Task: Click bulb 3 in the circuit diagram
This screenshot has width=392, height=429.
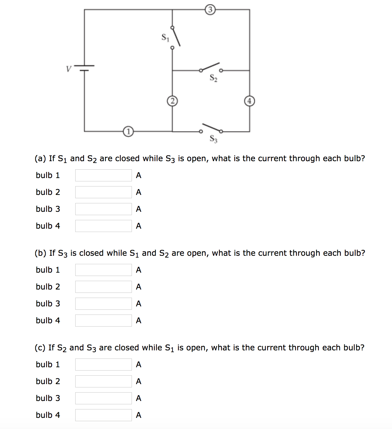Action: pos(210,10)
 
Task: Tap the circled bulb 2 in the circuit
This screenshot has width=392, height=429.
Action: pos(172,101)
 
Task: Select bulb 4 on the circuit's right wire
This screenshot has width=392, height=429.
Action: pos(249,101)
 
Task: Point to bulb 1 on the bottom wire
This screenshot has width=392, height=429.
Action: pos(128,132)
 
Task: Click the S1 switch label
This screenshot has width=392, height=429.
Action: pos(165,37)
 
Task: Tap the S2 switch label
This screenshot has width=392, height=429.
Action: pos(213,78)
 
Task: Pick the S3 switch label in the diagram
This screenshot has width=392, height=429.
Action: pos(213,139)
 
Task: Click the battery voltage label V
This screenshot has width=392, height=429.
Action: pos(69,69)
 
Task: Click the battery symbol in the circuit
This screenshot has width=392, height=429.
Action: pos(84,68)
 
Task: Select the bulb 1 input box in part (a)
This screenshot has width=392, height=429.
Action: pos(103,175)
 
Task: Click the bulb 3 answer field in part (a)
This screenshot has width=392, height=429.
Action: pos(103,209)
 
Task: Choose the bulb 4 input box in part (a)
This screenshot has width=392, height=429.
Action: pos(103,226)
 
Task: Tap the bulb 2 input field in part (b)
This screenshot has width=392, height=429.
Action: pos(103,287)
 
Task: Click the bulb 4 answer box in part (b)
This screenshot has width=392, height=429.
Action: pos(103,321)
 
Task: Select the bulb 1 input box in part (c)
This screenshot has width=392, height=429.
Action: pos(103,365)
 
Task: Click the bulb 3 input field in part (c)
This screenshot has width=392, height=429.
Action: pos(103,398)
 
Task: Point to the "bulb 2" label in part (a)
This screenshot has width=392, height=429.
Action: pos(48,192)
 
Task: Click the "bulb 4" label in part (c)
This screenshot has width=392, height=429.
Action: pos(48,415)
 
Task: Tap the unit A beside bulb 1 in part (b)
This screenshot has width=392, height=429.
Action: pos(138,270)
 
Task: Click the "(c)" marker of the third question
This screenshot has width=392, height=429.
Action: pos(40,348)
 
